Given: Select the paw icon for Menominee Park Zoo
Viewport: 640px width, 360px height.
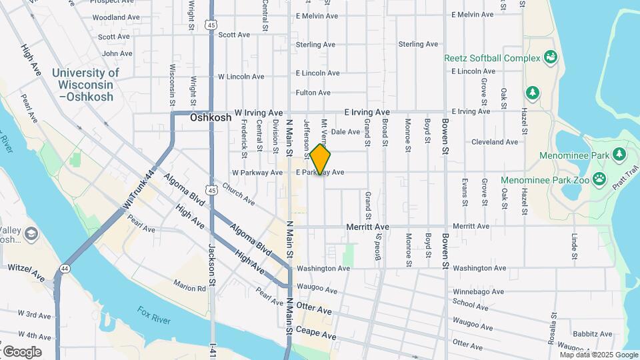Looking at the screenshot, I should (x=600, y=179).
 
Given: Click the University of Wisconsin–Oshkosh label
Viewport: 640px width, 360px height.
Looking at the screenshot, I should (x=85, y=85).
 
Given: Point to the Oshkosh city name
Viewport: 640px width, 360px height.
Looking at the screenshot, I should (x=211, y=117).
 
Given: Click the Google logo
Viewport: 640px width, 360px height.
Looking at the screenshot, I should (x=22, y=351).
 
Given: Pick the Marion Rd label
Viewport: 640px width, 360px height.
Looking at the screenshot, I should (x=190, y=289).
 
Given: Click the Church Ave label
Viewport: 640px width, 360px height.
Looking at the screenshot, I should (x=238, y=193).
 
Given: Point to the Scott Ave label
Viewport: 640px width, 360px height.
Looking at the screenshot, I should (x=234, y=35).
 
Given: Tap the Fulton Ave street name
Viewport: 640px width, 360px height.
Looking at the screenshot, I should (x=313, y=93).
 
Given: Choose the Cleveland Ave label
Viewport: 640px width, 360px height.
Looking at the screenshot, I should (x=495, y=142).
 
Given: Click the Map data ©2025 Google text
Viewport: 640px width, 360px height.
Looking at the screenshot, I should (x=599, y=355).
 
